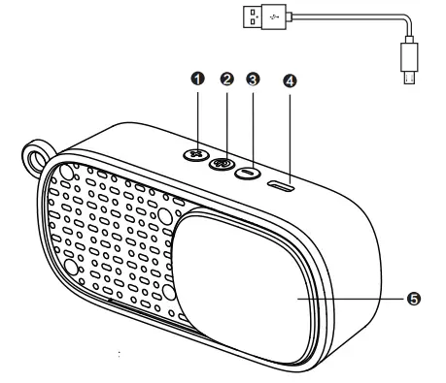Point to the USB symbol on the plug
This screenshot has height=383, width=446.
point(274,16)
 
